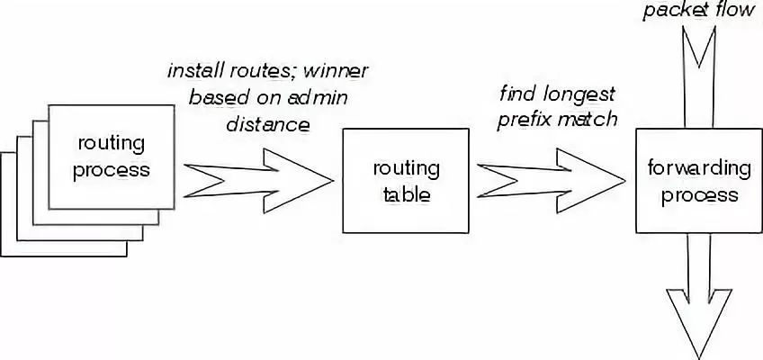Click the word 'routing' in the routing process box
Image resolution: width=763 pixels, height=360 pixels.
tap(112, 145)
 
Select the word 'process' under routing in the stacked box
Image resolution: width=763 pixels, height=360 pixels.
tap(112, 171)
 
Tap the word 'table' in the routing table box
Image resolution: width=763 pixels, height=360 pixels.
tap(407, 194)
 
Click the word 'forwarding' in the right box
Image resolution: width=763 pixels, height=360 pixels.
tap(699, 168)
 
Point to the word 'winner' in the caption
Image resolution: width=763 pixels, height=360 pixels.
tap(337, 71)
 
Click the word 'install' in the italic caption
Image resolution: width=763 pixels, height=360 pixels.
tap(193, 71)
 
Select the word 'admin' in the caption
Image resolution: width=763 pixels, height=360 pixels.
tap(319, 98)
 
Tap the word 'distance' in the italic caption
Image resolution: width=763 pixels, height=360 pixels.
tap(268, 125)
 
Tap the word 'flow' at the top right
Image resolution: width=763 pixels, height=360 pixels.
tap(734, 10)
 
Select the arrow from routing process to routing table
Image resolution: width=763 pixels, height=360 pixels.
tap(258, 181)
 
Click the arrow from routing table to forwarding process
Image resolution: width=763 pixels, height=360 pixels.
tap(551, 181)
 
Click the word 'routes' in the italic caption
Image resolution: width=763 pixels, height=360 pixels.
tap(260, 71)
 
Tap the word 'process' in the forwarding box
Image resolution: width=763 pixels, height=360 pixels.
tap(700, 194)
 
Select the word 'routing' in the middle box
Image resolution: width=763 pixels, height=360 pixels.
tap(407, 169)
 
